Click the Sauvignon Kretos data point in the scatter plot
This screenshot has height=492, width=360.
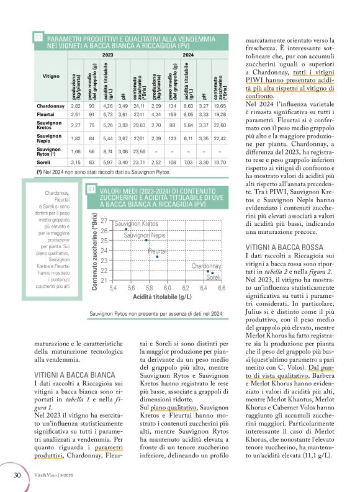(x=126, y=230)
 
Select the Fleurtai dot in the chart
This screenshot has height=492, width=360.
(x=157, y=256)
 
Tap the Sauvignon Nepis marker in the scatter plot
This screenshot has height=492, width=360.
(x=146, y=240)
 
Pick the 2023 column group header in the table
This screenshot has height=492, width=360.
(x=107, y=55)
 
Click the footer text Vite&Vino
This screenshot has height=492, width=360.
(x=46, y=476)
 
